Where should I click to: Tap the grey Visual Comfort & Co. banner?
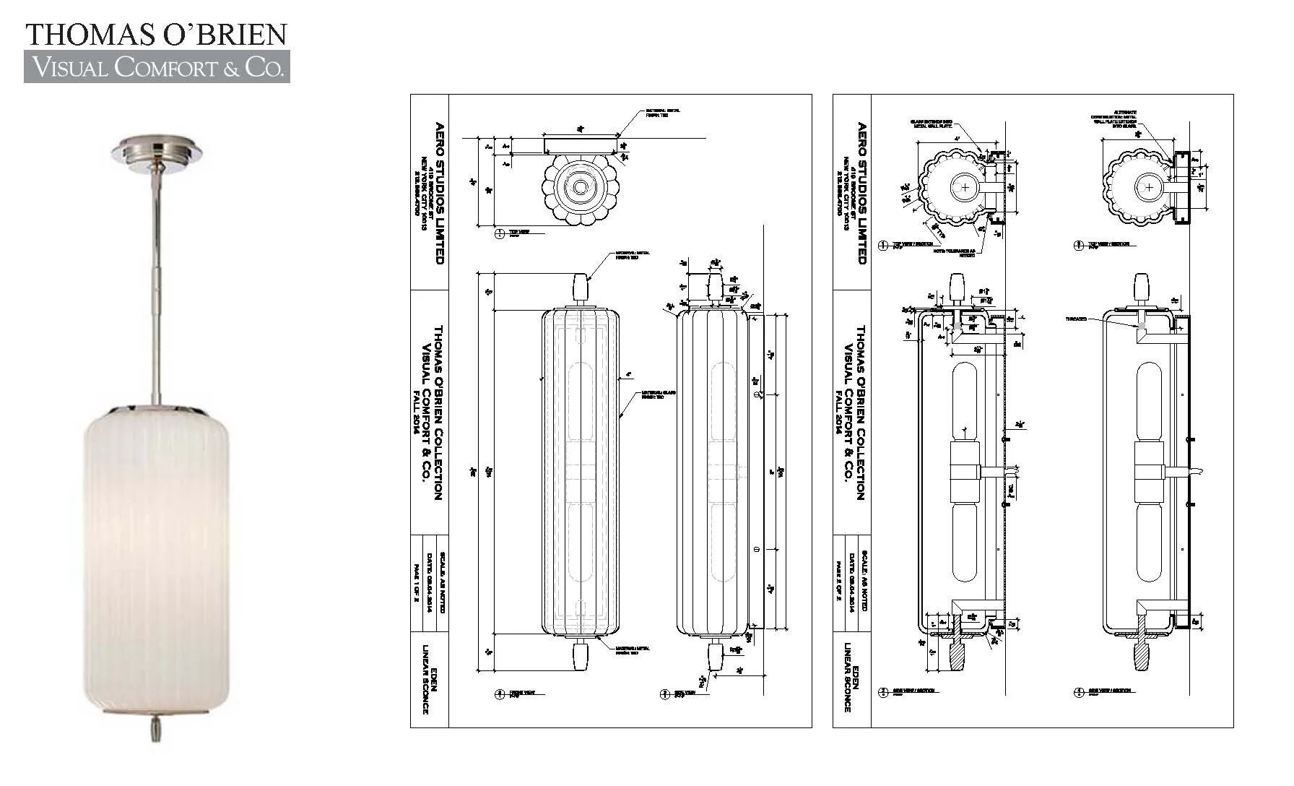157,67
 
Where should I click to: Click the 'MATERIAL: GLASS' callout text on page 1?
658,395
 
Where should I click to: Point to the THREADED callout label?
1076,319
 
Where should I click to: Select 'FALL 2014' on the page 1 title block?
417,411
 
